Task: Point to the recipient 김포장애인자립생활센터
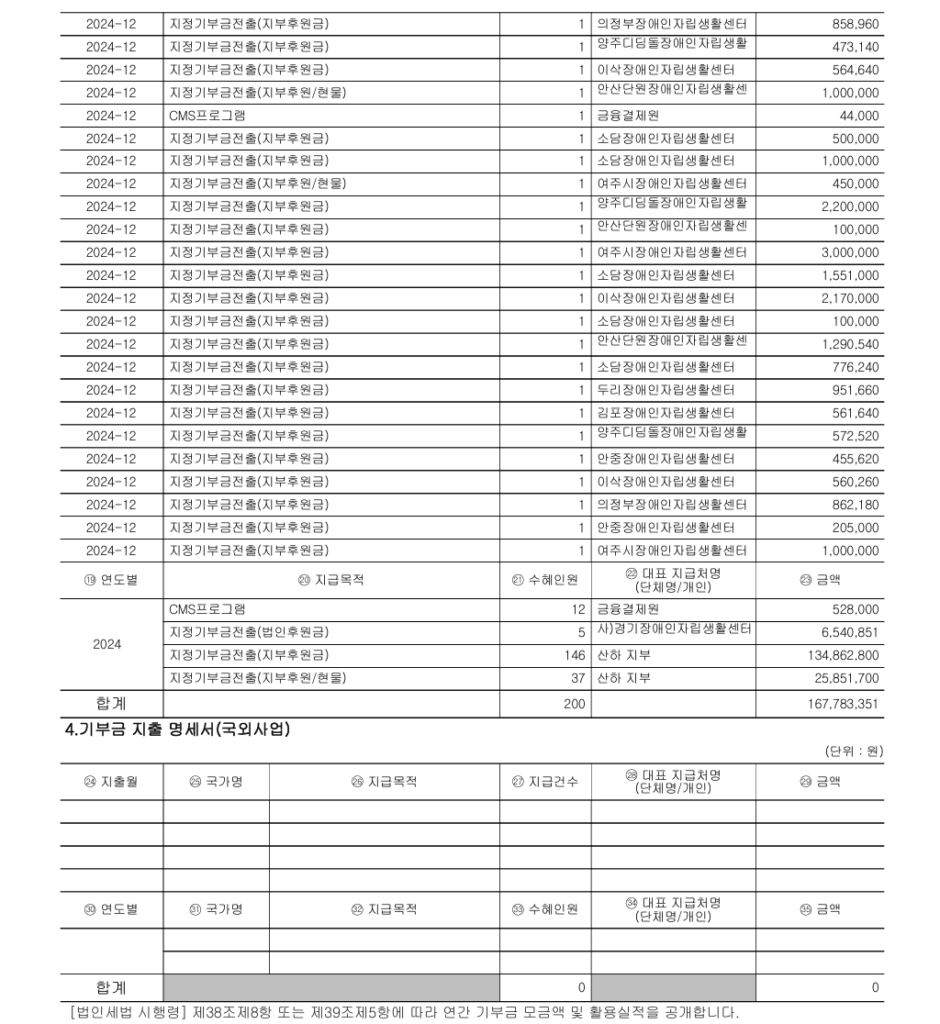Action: (x=665, y=413)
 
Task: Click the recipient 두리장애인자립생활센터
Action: (x=665, y=390)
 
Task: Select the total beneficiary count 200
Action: (x=574, y=704)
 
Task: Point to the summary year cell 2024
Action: (x=107, y=644)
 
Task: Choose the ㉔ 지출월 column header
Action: (x=111, y=782)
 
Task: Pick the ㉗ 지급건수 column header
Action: (x=545, y=782)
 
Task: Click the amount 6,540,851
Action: (x=844, y=632)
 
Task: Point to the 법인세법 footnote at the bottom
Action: (x=405, y=1011)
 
